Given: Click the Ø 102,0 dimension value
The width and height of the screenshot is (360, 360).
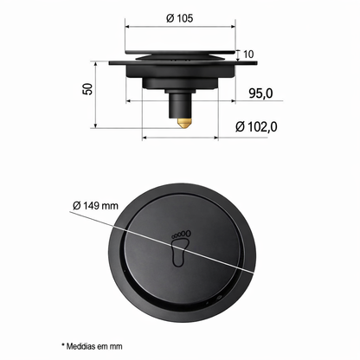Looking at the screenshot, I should point(256,126).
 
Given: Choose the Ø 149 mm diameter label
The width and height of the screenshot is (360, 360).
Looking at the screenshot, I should point(95,205).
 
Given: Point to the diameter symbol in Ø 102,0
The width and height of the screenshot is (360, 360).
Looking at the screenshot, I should point(239,126).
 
